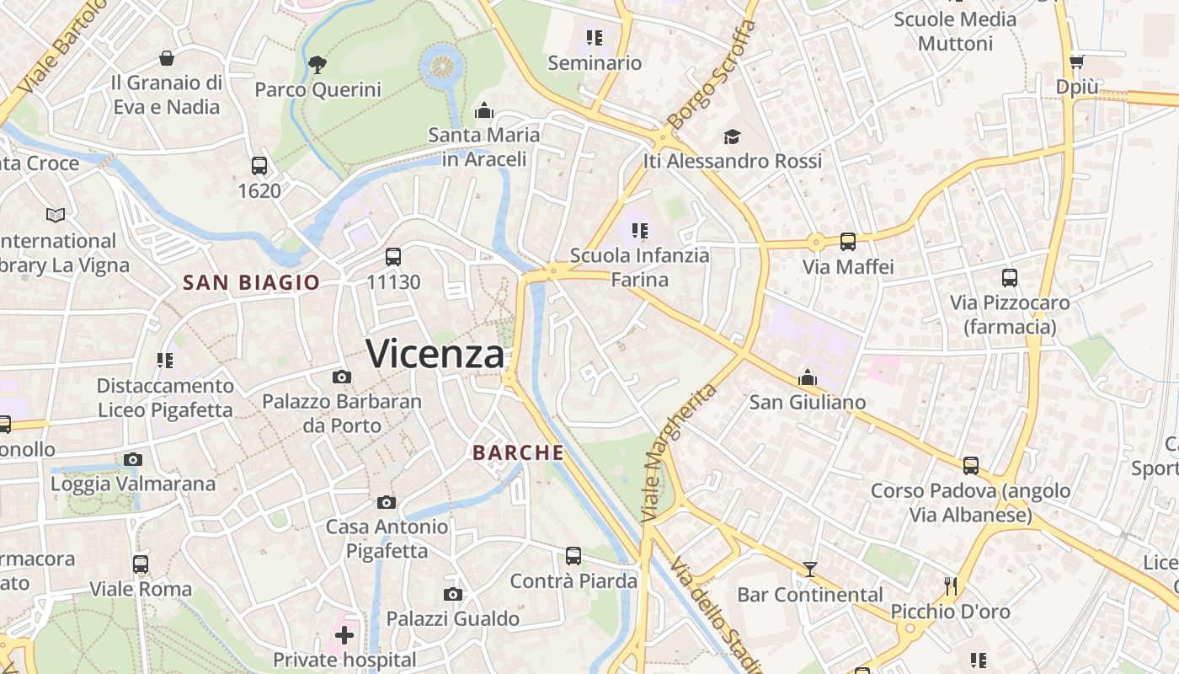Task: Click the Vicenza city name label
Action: click(435, 354)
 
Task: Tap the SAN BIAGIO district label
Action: click(251, 282)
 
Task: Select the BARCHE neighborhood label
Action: click(518, 452)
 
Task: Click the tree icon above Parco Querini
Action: click(317, 63)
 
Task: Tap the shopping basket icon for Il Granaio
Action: click(167, 58)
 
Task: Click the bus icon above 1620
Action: click(259, 166)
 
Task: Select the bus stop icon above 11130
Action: click(393, 257)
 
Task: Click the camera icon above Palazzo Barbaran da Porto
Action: click(341, 377)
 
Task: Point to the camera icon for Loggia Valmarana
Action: click(133, 459)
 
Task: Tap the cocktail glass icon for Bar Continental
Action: click(809, 570)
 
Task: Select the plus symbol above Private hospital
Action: click(344, 634)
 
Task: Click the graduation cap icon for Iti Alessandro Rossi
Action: click(732, 136)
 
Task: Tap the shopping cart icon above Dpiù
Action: click(1076, 62)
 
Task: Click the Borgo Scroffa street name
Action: click(710, 74)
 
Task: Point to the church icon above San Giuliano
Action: click(808, 377)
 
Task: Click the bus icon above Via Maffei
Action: click(847, 242)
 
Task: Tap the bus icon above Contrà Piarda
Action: click(573, 556)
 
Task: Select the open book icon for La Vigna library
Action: click(56, 216)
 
